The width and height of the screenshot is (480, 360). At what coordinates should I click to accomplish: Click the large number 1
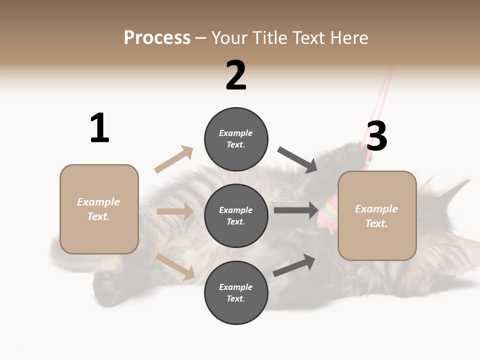pyautogui.click(x=99, y=128)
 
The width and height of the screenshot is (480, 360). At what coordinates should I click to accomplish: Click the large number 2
pyautogui.click(x=236, y=75)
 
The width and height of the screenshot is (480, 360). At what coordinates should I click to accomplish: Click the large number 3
pyautogui.click(x=376, y=136)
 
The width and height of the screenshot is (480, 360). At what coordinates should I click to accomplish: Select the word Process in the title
pyautogui.click(x=157, y=37)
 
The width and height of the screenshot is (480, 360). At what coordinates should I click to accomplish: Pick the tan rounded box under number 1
pyautogui.click(x=99, y=209)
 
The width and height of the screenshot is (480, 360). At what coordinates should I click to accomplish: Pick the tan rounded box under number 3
pyautogui.click(x=377, y=215)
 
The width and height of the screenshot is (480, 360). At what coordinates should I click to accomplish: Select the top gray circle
pyautogui.click(x=236, y=139)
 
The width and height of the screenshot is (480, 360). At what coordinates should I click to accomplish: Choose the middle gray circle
pyautogui.click(x=236, y=215)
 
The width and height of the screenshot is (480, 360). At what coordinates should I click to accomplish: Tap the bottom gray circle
pyautogui.click(x=236, y=292)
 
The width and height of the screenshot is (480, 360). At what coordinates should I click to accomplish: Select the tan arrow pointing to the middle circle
pyautogui.click(x=175, y=212)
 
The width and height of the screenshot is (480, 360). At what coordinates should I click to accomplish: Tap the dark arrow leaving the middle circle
pyautogui.click(x=295, y=210)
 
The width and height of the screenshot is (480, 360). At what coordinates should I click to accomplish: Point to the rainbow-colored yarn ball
pyautogui.click(x=328, y=212)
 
